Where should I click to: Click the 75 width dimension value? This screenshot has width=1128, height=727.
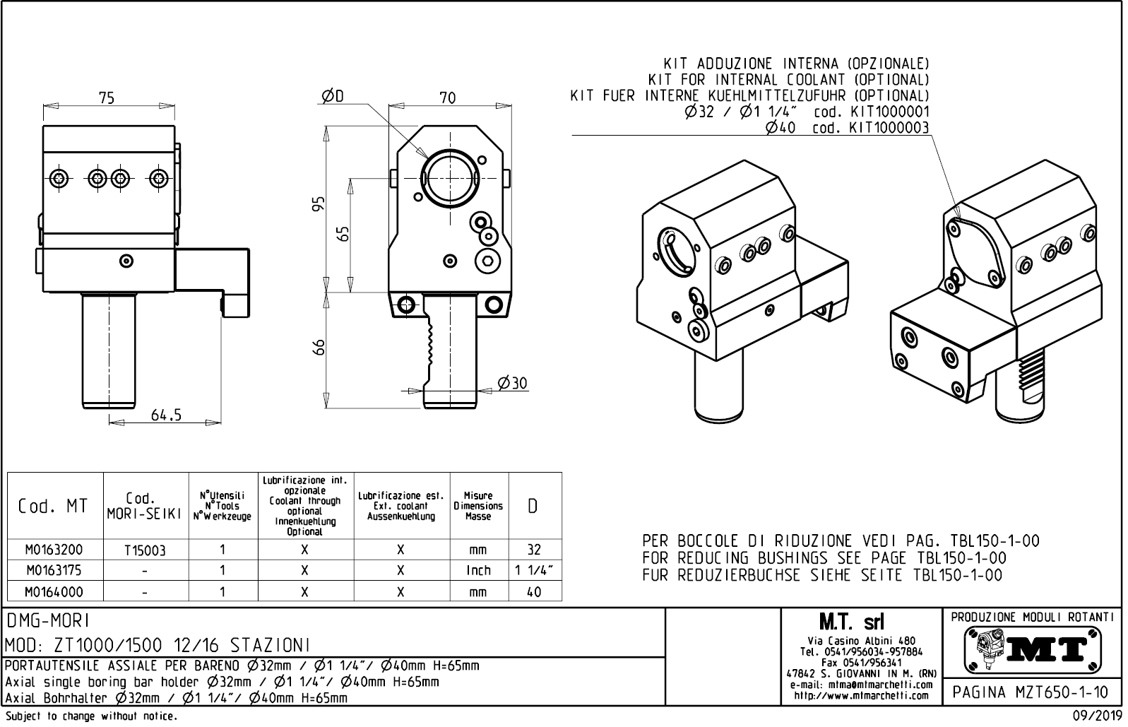tap(107, 98)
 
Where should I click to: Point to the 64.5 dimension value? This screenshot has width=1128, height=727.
tap(166, 415)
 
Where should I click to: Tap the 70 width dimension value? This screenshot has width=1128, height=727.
tap(448, 98)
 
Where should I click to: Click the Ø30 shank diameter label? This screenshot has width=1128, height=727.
tap(512, 384)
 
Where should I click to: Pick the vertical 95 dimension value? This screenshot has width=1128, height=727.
tap(319, 204)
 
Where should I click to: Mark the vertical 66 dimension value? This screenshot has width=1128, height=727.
tap(319, 347)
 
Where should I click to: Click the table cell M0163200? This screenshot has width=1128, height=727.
tap(54, 550)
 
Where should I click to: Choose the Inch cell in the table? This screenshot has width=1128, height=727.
tap(478, 570)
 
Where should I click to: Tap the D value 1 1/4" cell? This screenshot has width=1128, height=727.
tap(534, 570)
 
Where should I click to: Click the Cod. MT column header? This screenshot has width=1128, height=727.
tap(54, 506)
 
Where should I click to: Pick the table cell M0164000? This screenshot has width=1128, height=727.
tap(54, 591)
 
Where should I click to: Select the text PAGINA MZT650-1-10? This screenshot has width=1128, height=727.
tap(1031, 692)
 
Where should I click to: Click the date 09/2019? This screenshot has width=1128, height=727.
tap(1097, 716)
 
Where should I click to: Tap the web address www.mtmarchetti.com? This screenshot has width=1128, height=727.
tap(860, 695)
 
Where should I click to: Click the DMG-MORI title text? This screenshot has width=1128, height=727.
tap(47, 620)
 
